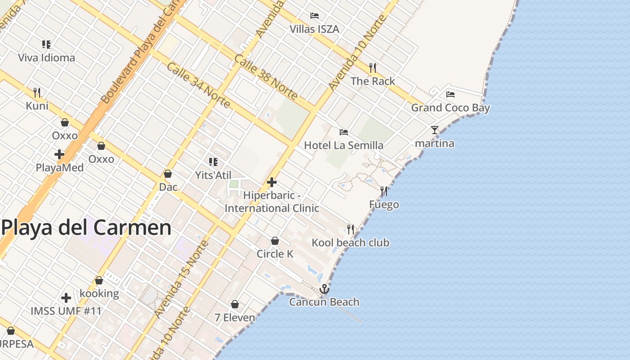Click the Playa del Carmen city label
pyautogui.click(x=86, y=228)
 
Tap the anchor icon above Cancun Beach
pyautogui.click(x=324, y=289)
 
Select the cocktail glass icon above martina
pyautogui.click(x=434, y=130)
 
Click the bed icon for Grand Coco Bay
pyautogui.click(x=450, y=94)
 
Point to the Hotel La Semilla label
pyautogui.click(x=344, y=145)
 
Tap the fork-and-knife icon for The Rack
pyautogui.click(x=373, y=68)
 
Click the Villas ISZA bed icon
pyautogui.click(x=315, y=16)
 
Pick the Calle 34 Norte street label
pyautogui.click(x=198, y=85)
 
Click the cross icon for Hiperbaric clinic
pyautogui.click(x=272, y=182)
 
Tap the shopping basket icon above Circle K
pyautogui.click(x=275, y=241)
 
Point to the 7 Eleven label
pyautogui.click(x=235, y=318)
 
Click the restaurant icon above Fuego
pyautogui.click(x=384, y=191)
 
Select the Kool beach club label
pyautogui.click(x=351, y=243)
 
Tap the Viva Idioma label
pyautogui.click(x=46, y=58)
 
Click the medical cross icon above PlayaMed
pyautogui.click(x=59, y=154)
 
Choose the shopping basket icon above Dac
pyautogui.click(x=168, y=174)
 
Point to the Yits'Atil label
pyautogui.click(x=213, y=175)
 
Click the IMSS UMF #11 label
pyautogui.click(x=66, y=311)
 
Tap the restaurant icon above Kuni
pyautogui.click(x=37, y=93)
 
